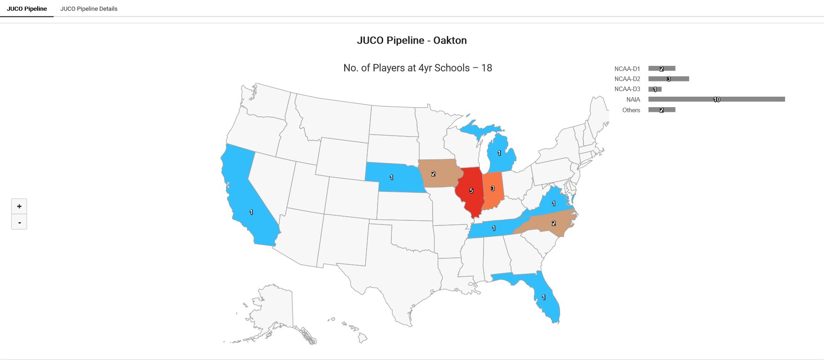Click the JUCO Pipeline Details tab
[x=88, y=9]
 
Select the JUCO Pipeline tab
[x=27, y=9]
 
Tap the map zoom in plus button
[x=19, y=206]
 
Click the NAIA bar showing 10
[x=716, y=99]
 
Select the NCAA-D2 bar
[x=669, y=79]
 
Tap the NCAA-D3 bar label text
[x=627, y=89]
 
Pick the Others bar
[x=662, y=110]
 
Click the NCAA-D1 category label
[x=627, y=69]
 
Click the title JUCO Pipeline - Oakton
[x=412, y=40]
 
